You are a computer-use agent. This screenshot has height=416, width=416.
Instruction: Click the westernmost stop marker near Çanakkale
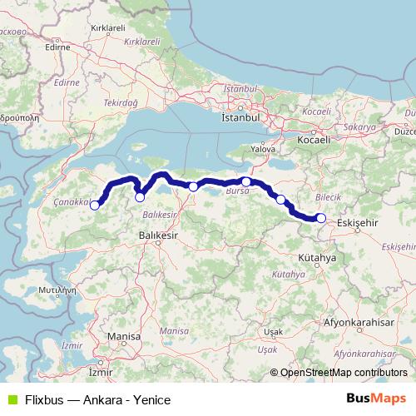point(95,205)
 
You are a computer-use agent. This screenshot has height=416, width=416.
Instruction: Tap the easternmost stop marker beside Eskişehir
point(321,218)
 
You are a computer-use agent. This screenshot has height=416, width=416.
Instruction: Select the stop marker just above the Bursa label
point(246,181)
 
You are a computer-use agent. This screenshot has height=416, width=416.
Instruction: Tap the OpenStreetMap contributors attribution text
point(344,372)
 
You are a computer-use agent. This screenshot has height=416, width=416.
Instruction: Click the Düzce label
point(404,131)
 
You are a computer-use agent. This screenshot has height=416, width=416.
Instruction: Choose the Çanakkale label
point(71,202)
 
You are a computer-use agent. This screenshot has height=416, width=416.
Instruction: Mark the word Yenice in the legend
point(151,399)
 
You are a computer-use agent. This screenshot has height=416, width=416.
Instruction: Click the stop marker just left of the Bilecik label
point(281,199)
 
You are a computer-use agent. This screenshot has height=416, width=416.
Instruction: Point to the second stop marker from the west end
point(140,197)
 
